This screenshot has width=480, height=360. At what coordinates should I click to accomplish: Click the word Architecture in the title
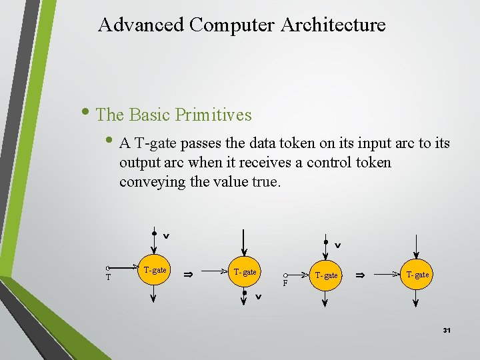tap(333, 25)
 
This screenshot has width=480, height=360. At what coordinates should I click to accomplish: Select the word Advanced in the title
tap(141, 25)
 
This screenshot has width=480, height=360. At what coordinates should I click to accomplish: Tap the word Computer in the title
tap(232, 25)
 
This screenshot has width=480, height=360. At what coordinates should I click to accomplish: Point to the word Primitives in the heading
tap(213, 115)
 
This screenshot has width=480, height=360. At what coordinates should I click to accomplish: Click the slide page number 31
tap(447, 330)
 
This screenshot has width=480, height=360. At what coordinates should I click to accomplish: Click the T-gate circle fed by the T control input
tap(154, 271)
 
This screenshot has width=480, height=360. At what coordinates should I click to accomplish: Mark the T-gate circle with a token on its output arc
tap(245, 272)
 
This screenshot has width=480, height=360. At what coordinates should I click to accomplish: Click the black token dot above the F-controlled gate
tap(325, 243)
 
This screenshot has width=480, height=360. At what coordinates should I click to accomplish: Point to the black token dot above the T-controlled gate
tap(154, 234)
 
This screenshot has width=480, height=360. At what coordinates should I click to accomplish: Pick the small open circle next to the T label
tap(108, 269)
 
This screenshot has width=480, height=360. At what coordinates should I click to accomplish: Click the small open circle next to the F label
tap(285, 275)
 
